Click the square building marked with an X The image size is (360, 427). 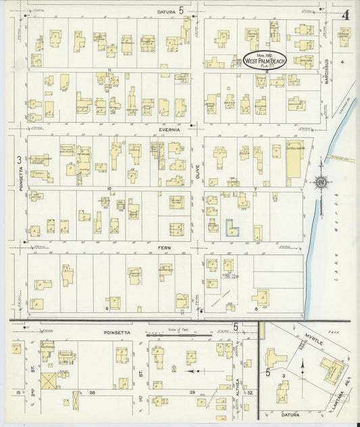(49, 380)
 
